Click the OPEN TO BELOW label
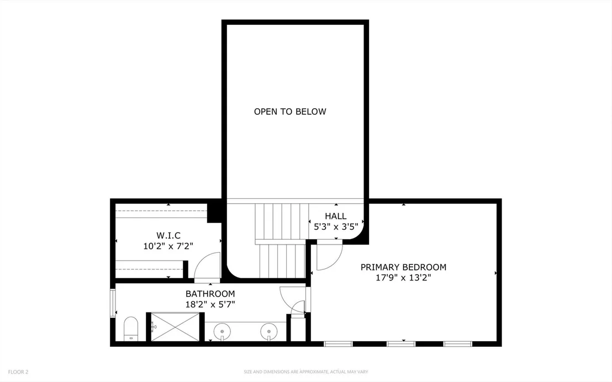(290, 112)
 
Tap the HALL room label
(336, 216)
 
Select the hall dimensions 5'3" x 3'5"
(336, 227)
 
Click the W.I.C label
(168, 236)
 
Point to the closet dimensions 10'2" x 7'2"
(168, 246)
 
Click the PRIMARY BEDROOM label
(403, 267)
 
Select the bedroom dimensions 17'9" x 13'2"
(403, 278)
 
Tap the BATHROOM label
(210, 294)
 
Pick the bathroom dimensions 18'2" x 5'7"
(210, 304)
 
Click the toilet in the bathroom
(131, 329)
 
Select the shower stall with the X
(175, 327)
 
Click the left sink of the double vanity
(222, 332)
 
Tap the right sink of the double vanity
(269, 332)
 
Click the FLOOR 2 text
(18, 372)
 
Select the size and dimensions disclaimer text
(305, 372)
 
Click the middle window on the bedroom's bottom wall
(401, 344)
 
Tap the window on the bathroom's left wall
(113, 303)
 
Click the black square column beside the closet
(214, 211)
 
